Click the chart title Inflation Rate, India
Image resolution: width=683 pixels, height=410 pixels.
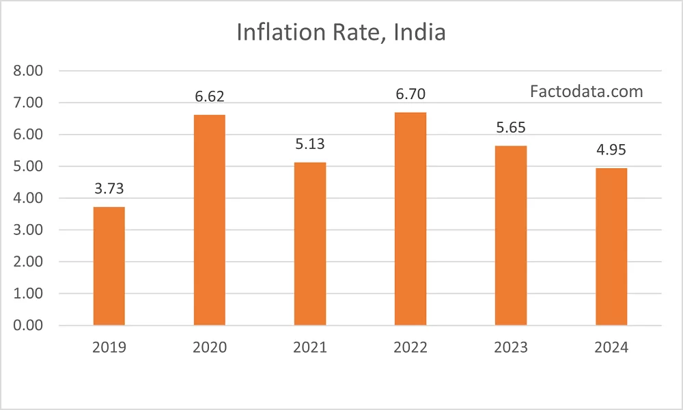pos(341,32)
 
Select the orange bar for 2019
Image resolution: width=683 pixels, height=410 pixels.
pos(109,266)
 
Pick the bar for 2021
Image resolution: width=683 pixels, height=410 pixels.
pos(310,243)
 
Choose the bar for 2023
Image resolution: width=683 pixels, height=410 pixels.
pos(511,235)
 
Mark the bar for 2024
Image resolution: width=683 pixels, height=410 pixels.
pos(611,247)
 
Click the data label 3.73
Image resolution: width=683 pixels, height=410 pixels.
pos(109,189)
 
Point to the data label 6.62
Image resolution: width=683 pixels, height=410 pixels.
pos(210,97)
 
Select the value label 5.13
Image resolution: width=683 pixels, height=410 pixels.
pos(310,145)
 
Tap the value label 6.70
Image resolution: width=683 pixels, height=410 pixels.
pos(410,94)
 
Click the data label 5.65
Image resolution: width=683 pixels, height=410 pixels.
pos(511,128)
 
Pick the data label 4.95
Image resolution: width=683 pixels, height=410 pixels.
pos(611,150)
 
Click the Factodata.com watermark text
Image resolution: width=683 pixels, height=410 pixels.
pos(586,91)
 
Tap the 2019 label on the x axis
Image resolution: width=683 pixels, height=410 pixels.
pos(109,348)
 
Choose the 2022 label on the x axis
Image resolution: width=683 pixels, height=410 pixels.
pos(410,348)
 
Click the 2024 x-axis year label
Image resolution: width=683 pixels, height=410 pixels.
pos(611,348)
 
